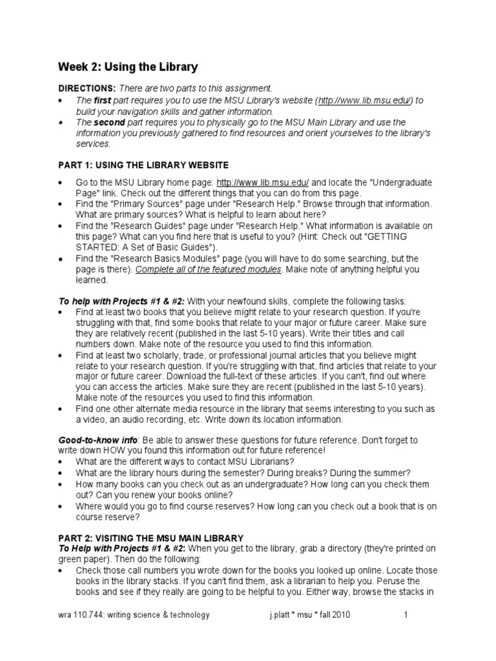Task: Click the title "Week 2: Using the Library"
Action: pyautogui.click(x=128, y=67)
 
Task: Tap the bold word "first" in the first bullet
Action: pyautogui.click(x=103, y=100)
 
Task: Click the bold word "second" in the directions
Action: pyautogui.click(x=109, y=122)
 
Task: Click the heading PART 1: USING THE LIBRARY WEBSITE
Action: pyautogui.click(x=143, y=166)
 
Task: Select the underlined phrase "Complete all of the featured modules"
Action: pyautogui.click(x=208, y=270)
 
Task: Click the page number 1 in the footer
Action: pyautogui.click(x=406, y=615)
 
